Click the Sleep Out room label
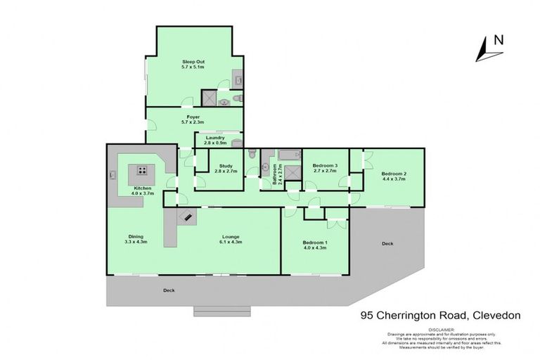tap(193, 62)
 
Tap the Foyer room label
tap(193, 117)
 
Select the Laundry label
tap(214, 137)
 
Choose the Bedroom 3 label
tap(326, 166)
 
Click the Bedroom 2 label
tap(394, 174)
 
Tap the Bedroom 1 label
tap(316, 243)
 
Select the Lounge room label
tap(231, 237)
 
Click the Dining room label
tap(136, 236)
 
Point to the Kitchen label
tap(143, 189)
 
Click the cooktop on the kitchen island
tap(143, 170)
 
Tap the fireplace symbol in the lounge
tap(187, 217)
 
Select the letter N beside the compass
tap(499, 39)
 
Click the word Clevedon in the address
tap(496, 316)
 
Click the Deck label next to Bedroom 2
tap(387, 243)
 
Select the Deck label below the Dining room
tap(168, 290)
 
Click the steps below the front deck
tap(222, 311)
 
